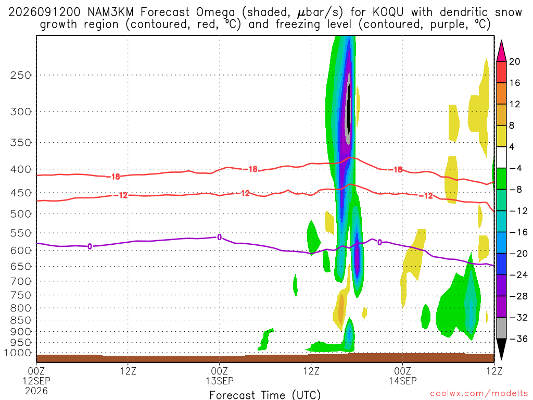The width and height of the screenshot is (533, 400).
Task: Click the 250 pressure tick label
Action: coord(21,75)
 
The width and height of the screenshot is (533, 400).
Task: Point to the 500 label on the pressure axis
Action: coord(21,214)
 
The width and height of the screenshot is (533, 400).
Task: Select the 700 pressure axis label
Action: coord(21,281)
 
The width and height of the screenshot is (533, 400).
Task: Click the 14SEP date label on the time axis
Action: coord(403,381)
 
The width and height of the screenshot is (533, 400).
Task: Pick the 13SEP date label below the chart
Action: coord(220,381)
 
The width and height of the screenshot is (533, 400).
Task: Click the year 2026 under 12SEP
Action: coord(36,391)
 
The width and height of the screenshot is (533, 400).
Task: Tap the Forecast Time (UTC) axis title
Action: coord(265,395)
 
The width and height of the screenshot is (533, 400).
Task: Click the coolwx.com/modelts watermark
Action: coord(479,394)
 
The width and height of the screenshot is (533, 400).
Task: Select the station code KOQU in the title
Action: coord(388,12)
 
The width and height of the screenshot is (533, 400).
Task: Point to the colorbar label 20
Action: coord(515,61)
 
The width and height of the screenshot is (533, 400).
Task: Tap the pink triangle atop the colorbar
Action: coord(501,51)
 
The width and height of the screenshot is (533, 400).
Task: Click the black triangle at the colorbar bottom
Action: coord(501,349)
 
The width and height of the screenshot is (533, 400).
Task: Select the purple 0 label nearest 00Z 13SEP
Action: coord(220,237)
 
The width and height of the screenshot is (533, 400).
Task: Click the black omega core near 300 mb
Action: coord(348,109)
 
